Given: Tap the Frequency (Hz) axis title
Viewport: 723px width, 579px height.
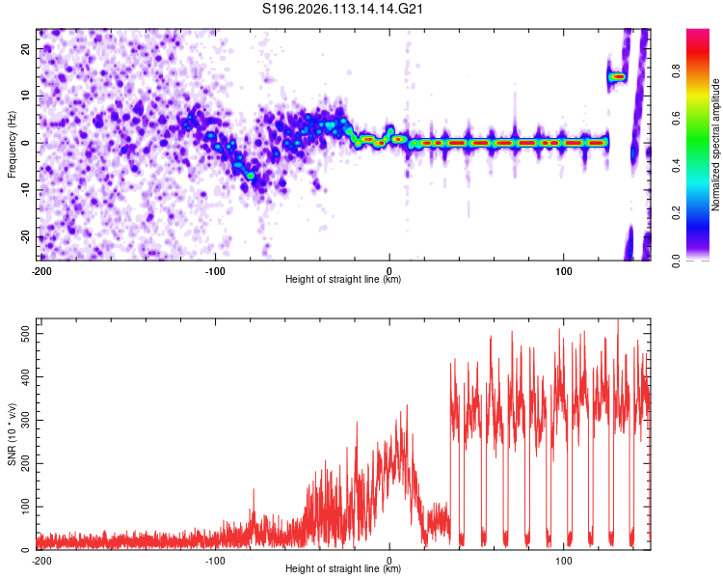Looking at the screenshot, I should point(12,145).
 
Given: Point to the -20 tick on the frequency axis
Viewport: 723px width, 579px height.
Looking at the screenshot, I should point(25,236).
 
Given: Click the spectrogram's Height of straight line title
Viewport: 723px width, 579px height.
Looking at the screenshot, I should point(344,280).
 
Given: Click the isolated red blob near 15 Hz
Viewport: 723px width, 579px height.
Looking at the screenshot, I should point(617,76).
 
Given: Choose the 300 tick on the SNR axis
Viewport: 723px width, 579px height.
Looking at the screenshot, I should point(23,420).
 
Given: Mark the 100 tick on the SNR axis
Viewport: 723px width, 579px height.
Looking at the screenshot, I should point(23,507).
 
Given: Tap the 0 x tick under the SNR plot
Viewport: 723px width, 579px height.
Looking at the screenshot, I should point(389,559).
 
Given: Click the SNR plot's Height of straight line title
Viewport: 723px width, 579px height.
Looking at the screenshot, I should point(344,569).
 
